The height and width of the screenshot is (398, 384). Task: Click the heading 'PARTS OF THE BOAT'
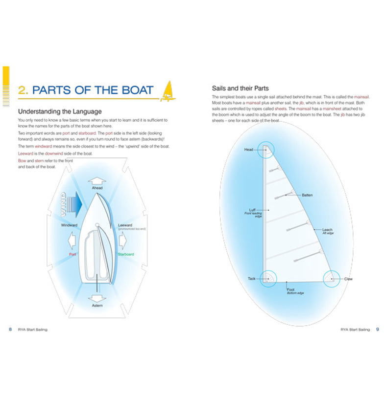[93, 90]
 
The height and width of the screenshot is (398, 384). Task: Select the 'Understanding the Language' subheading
[60, 111]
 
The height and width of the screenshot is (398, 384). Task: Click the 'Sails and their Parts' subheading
[240, 88]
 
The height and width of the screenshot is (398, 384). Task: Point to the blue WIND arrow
[72, 201]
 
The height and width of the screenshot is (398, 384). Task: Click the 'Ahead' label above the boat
[97, 188]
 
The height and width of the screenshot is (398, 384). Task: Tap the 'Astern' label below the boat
[97, 306]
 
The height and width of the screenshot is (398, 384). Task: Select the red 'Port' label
[72, 254]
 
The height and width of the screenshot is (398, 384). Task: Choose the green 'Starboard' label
[126, 254]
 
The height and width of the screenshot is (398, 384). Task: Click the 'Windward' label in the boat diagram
[70, 225]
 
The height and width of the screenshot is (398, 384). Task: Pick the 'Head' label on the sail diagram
[249, 150]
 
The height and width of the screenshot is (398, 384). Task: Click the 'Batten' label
[307, 195]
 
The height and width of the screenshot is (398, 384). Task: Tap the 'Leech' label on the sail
[327, 230]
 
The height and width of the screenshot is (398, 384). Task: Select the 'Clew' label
[348, 279]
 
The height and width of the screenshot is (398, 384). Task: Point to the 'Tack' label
[251, 279]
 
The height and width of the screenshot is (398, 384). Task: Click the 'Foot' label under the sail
[290, 289]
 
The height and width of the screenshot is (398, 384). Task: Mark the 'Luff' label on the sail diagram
[252, 210]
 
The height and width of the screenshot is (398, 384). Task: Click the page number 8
[10, 330]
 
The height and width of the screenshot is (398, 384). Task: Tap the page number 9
[377, 330]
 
